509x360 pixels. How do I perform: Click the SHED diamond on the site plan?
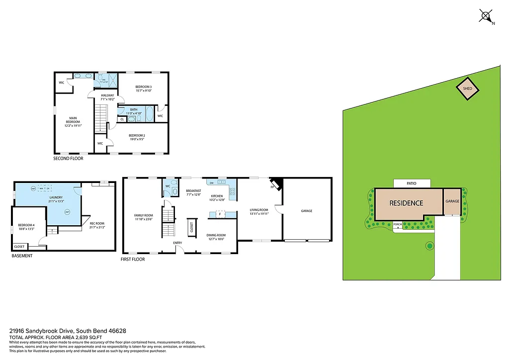click(x=467, y=89)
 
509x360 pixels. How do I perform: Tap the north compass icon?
click(x=486, y=16)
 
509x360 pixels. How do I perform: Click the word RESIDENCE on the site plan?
click(x=406, y=203)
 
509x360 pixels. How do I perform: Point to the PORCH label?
click(x=397, y=224)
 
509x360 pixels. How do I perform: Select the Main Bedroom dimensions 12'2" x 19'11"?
click(x=73, y=125)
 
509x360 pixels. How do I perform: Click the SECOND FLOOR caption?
click(x=68, y=159)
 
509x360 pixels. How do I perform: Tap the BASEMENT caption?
click(x=22, y=256)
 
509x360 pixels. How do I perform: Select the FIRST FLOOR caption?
click(x=133, y=259)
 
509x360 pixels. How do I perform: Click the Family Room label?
click(x=143, y=215)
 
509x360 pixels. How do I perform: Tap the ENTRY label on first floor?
click(x=177, y=243)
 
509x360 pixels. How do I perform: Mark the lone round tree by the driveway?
click(x=429, y=246)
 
